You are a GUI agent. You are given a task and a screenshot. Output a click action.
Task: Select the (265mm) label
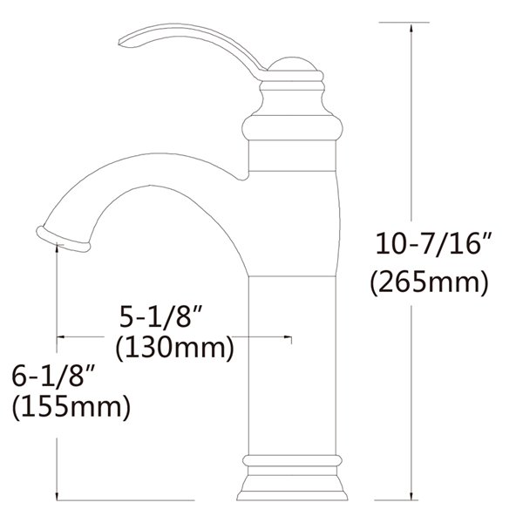pos(426,282)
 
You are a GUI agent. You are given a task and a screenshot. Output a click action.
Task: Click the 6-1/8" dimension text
pos(52,377)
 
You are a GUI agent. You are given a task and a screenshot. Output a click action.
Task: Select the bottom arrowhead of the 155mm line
pos(58,498)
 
